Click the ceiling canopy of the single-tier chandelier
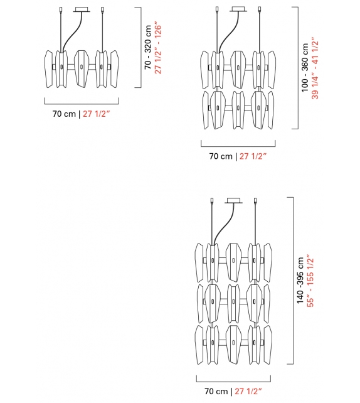click(82, 9)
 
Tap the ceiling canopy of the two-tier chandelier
click(238, 9)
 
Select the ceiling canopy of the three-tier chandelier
click(235, 201)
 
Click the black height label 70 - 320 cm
click(148, 47)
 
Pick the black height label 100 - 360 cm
click(305, 68)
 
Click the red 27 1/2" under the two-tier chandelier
click(254, 156)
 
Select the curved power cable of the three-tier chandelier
click(222, 226)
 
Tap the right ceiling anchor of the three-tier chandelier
click(256, 201)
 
